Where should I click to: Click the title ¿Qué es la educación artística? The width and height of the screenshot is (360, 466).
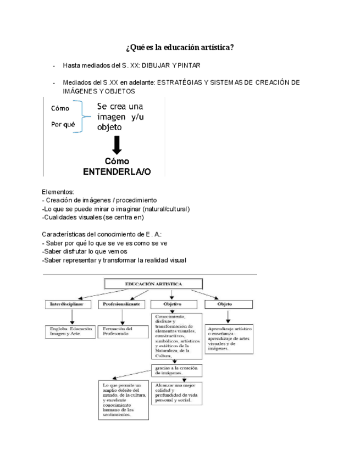180,47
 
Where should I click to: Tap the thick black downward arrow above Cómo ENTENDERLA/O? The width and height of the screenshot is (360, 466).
117,146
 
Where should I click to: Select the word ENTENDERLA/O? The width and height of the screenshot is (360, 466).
117,171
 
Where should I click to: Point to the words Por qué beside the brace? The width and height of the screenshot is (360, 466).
63,124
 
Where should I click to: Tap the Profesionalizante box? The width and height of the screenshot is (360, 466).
122,304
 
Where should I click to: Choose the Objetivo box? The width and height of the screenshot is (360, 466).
173,304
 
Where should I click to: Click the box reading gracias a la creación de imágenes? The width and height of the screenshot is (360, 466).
176,370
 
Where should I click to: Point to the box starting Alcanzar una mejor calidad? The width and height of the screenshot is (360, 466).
176,393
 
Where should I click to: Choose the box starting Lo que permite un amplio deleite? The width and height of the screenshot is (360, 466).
124,400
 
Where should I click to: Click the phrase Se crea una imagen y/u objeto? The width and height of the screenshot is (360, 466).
120,117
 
